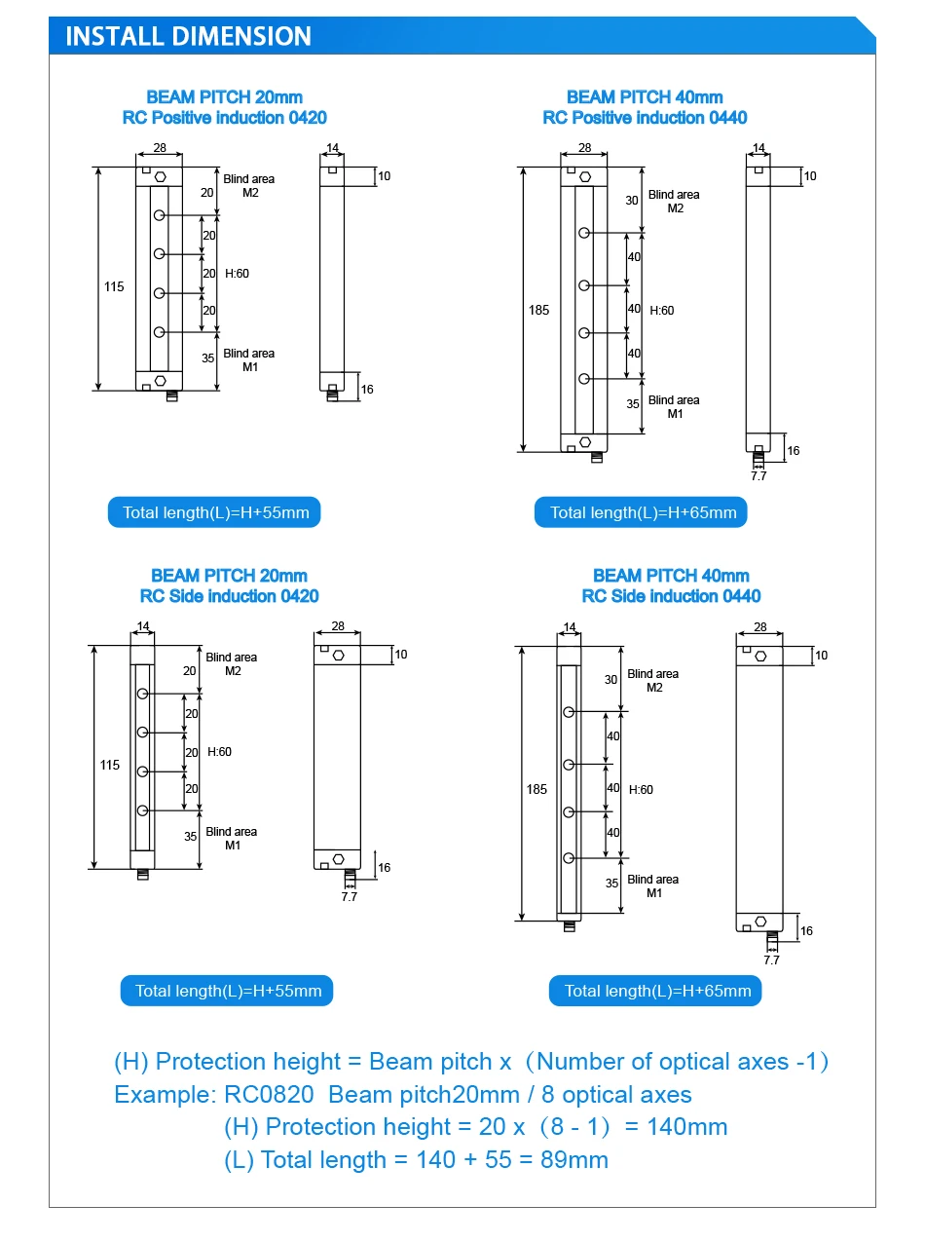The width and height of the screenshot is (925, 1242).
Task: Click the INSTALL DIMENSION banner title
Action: pyautogui.click(x=188, y=36)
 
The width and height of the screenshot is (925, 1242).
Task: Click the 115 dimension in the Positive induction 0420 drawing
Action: pyautogui.click(x=114, y=286)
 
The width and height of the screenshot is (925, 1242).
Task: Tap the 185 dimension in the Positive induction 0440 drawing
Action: pyautogui.click(x=538, y=310)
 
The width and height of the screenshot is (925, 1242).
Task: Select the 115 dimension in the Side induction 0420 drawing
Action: pyautogui.click(x=110, y=765)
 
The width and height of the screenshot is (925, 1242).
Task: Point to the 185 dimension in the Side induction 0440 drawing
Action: pyautogui.click(x=536, y=789)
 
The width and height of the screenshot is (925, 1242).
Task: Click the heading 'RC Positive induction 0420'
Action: pyautogui.click(x=225, y=118)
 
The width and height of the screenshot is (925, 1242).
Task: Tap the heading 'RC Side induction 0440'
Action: pyautogui.click(x=671, y=596)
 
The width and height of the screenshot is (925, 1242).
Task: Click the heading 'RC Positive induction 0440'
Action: pyautogui.click(x=645, y=118)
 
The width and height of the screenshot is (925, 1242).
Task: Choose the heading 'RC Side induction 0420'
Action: pyautogui.click(x=229, y=596)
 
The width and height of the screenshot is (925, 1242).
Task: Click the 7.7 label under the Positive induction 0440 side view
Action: pyautogui.click(x=758, y=476)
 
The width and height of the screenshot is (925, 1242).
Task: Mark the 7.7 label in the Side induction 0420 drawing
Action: pyautogui.click(x=350, y=896)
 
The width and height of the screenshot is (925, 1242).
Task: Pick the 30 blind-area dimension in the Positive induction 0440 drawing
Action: pyautogui.click(x=632, y=200)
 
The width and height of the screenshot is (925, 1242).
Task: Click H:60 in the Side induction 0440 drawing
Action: pyautogui.click(x=641, y=790)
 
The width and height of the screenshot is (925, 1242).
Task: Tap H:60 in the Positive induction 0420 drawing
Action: pyautogui.click(x=237, y=274)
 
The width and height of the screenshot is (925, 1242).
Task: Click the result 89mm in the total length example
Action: pyautogui.click(x=573, y=1159)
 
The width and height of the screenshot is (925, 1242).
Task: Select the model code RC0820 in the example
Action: pyautogui.click(x=269, y=1095)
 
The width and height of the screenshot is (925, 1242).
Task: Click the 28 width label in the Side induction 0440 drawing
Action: pyautogui.click(x=759, y=626)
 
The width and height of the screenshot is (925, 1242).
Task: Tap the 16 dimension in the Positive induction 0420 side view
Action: pyautogui.click(x=367, y=390)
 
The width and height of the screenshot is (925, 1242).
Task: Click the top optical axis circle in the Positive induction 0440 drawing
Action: pyautogui.click(x=584, y=233)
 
